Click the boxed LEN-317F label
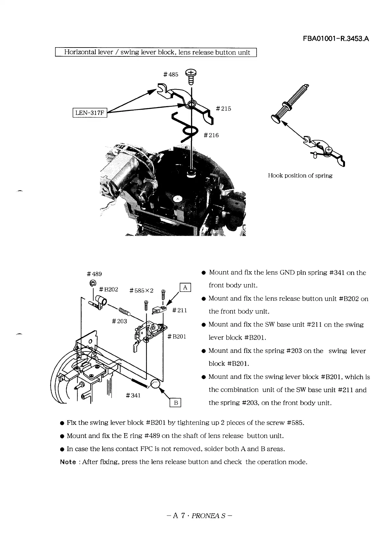coord(90,112)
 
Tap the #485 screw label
coord(171,74)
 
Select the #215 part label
coord(223,109)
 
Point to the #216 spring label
coord(211,135)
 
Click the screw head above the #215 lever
coord(191,73)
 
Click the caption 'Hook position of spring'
coord(300,176)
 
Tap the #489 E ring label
coord(94,274)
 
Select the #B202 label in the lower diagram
coord(108,289)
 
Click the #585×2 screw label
coord(141,291)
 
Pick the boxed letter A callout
coord(185,287)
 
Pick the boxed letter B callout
coord(175,403)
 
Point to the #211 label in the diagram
coord(179,310)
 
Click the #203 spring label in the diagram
coord(119,321)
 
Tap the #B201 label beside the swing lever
coord(176,337)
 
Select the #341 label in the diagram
coord(133,395)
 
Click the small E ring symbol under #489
coord(93,283)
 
